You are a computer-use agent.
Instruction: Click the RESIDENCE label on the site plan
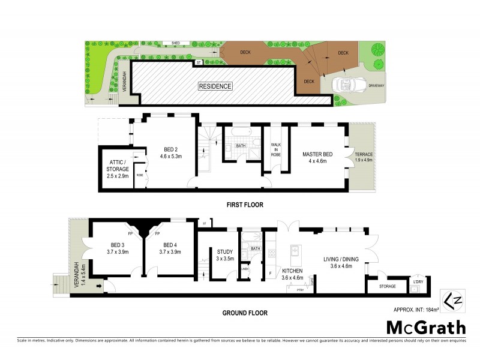(215, 86)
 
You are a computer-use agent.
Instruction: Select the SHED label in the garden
(176, 43)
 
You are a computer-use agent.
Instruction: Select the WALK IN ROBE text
(276, 149)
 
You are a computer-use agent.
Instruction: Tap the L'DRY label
(418, 281)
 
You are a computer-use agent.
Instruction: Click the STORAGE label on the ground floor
(388, 286)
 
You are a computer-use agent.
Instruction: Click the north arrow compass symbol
(449, 298)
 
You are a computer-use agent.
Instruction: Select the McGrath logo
(425, 327)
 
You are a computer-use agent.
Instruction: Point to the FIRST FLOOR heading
(244, 205)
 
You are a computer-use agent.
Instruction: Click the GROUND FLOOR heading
(244, 313)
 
